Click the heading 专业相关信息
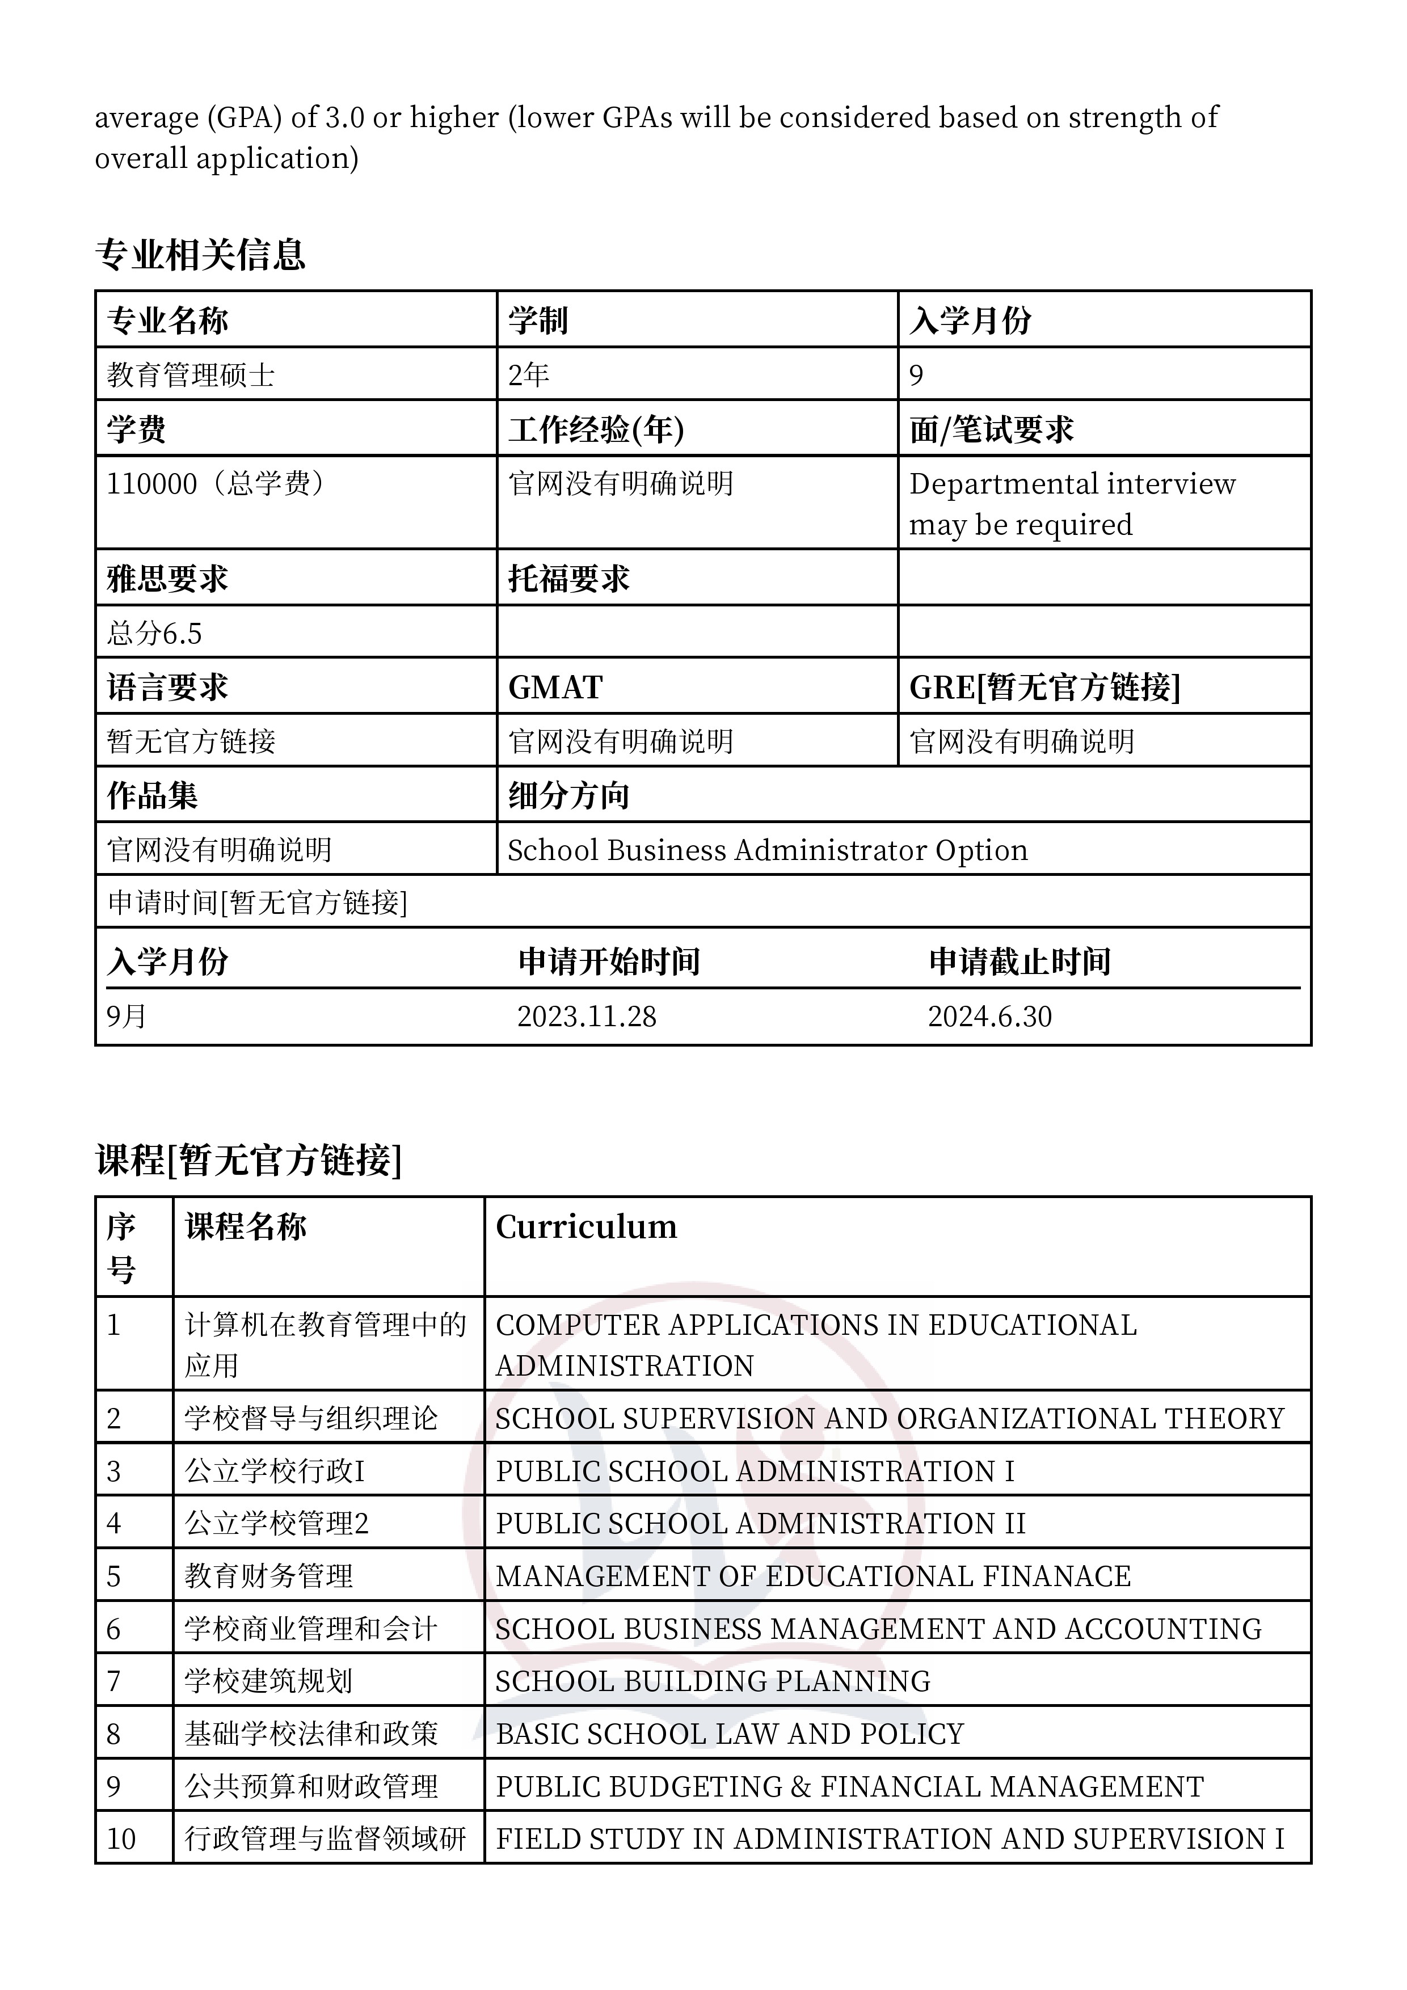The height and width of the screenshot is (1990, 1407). coord(200,254)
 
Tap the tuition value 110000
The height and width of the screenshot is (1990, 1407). coord(151,484)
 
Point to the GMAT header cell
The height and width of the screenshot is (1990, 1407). coord(555,688)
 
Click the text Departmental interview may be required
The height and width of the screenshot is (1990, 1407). coord(1072,504)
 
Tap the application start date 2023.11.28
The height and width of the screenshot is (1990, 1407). coord(587,1016)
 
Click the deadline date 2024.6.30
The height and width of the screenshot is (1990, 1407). coord(990,1016)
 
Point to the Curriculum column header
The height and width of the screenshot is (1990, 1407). coord(586,1226)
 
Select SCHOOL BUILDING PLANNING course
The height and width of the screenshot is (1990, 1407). coord(713,1681)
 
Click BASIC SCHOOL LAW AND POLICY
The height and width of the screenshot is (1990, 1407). coord(730,1734)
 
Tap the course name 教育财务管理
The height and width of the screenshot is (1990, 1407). coord(269,1576)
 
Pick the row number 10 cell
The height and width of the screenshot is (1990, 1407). coord(121,1839)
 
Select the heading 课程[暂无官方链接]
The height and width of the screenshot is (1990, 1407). coord(249,1160)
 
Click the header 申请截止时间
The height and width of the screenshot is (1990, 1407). coord(1020,961)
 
